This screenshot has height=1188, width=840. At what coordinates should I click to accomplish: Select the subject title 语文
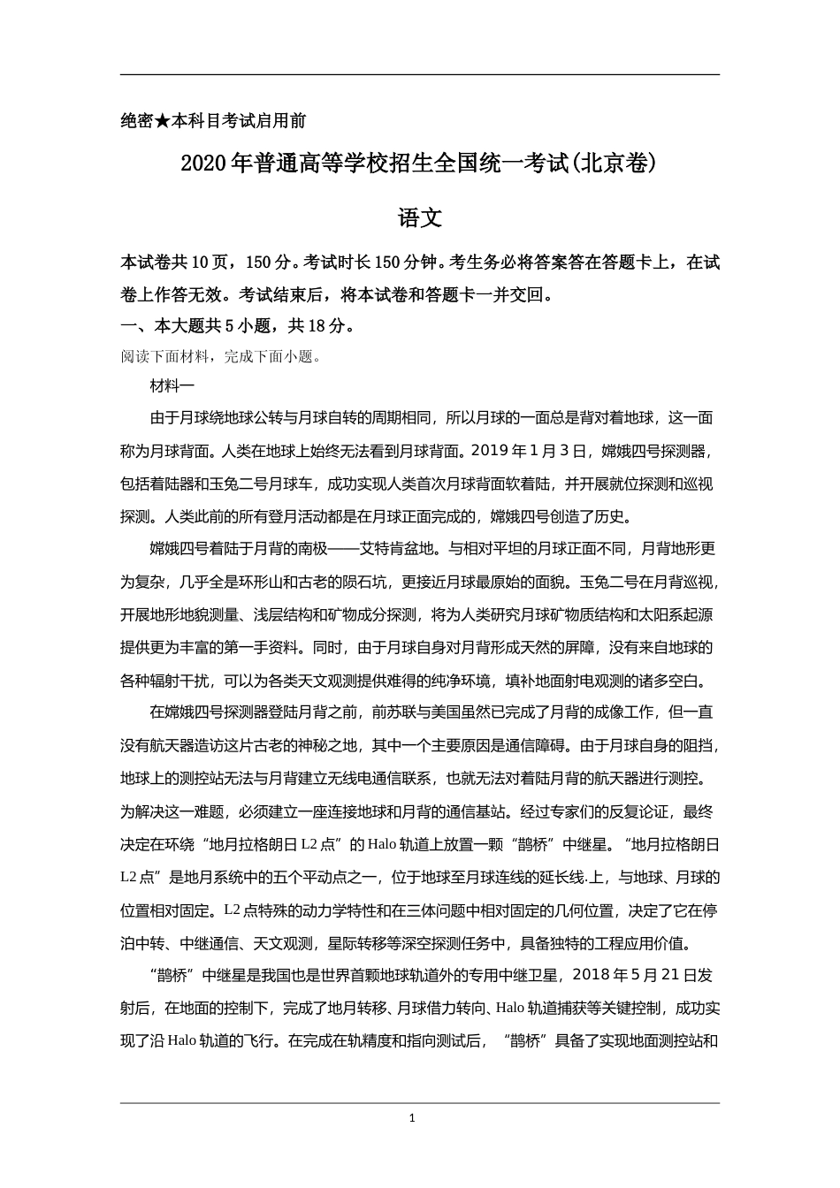(419, 218)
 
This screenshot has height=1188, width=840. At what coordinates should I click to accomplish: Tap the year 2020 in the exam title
(203, 164)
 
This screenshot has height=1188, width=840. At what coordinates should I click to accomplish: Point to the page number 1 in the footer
(412, 1118)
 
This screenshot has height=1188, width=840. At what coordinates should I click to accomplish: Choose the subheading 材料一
(172, 386)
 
